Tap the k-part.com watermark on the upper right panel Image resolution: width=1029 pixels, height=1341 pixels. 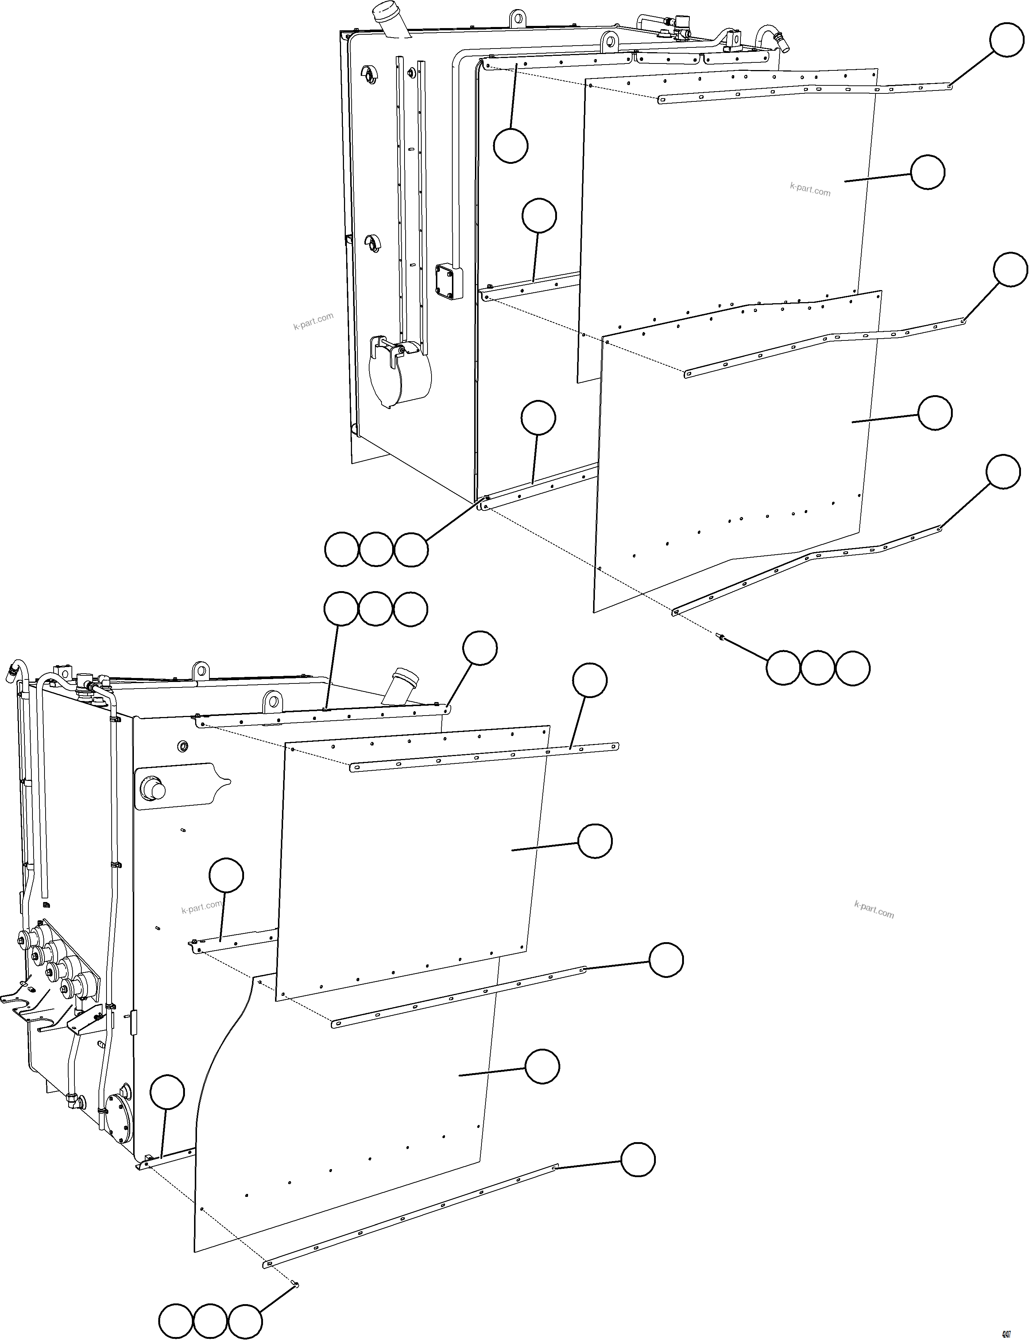coord(810,189)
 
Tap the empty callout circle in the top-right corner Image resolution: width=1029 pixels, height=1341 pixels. coord(1007,41)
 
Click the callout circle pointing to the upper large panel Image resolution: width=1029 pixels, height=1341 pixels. coord(927,172)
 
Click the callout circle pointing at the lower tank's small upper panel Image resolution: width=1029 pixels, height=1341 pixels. coord(595,841)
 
